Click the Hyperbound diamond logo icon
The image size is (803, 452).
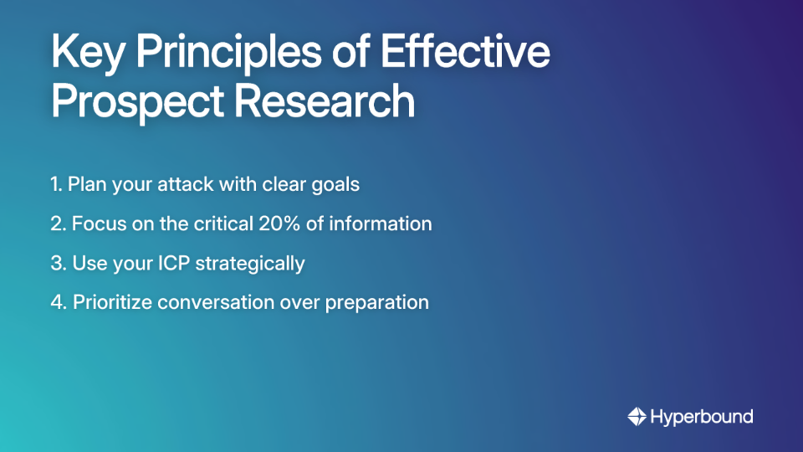[637, 416]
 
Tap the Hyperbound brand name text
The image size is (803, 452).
[702, 416]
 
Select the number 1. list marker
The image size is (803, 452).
[56, 185]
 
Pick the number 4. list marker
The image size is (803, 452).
[58, 303]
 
